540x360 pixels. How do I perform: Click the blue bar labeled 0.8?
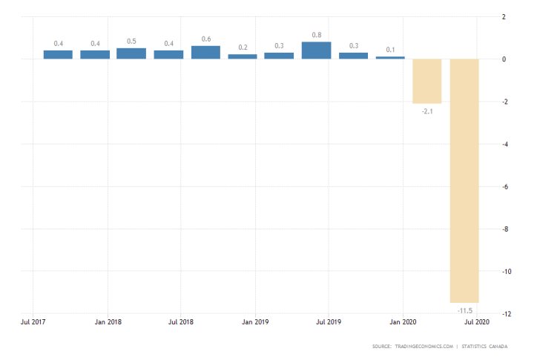click(316, 50)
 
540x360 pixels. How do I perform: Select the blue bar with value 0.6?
click(205, 53)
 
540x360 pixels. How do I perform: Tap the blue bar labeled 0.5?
click(131, 53)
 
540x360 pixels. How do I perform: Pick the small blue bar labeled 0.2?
click(243, 56)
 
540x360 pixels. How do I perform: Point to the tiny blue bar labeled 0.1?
click(390, 57)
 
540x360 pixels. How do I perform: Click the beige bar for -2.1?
click(427, 81)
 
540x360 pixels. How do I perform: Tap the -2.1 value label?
click(427, 111)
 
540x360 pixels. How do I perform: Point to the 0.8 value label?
click(316, 34)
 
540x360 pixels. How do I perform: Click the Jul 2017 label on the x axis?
click(35, 322)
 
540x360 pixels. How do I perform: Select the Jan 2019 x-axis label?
click(255, 322)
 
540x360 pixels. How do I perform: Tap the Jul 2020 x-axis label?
click(476, 322)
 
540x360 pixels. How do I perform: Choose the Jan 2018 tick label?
click(109, 322)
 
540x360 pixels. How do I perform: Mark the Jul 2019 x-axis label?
click(329, 322)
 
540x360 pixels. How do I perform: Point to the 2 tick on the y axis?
click(504, 17)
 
